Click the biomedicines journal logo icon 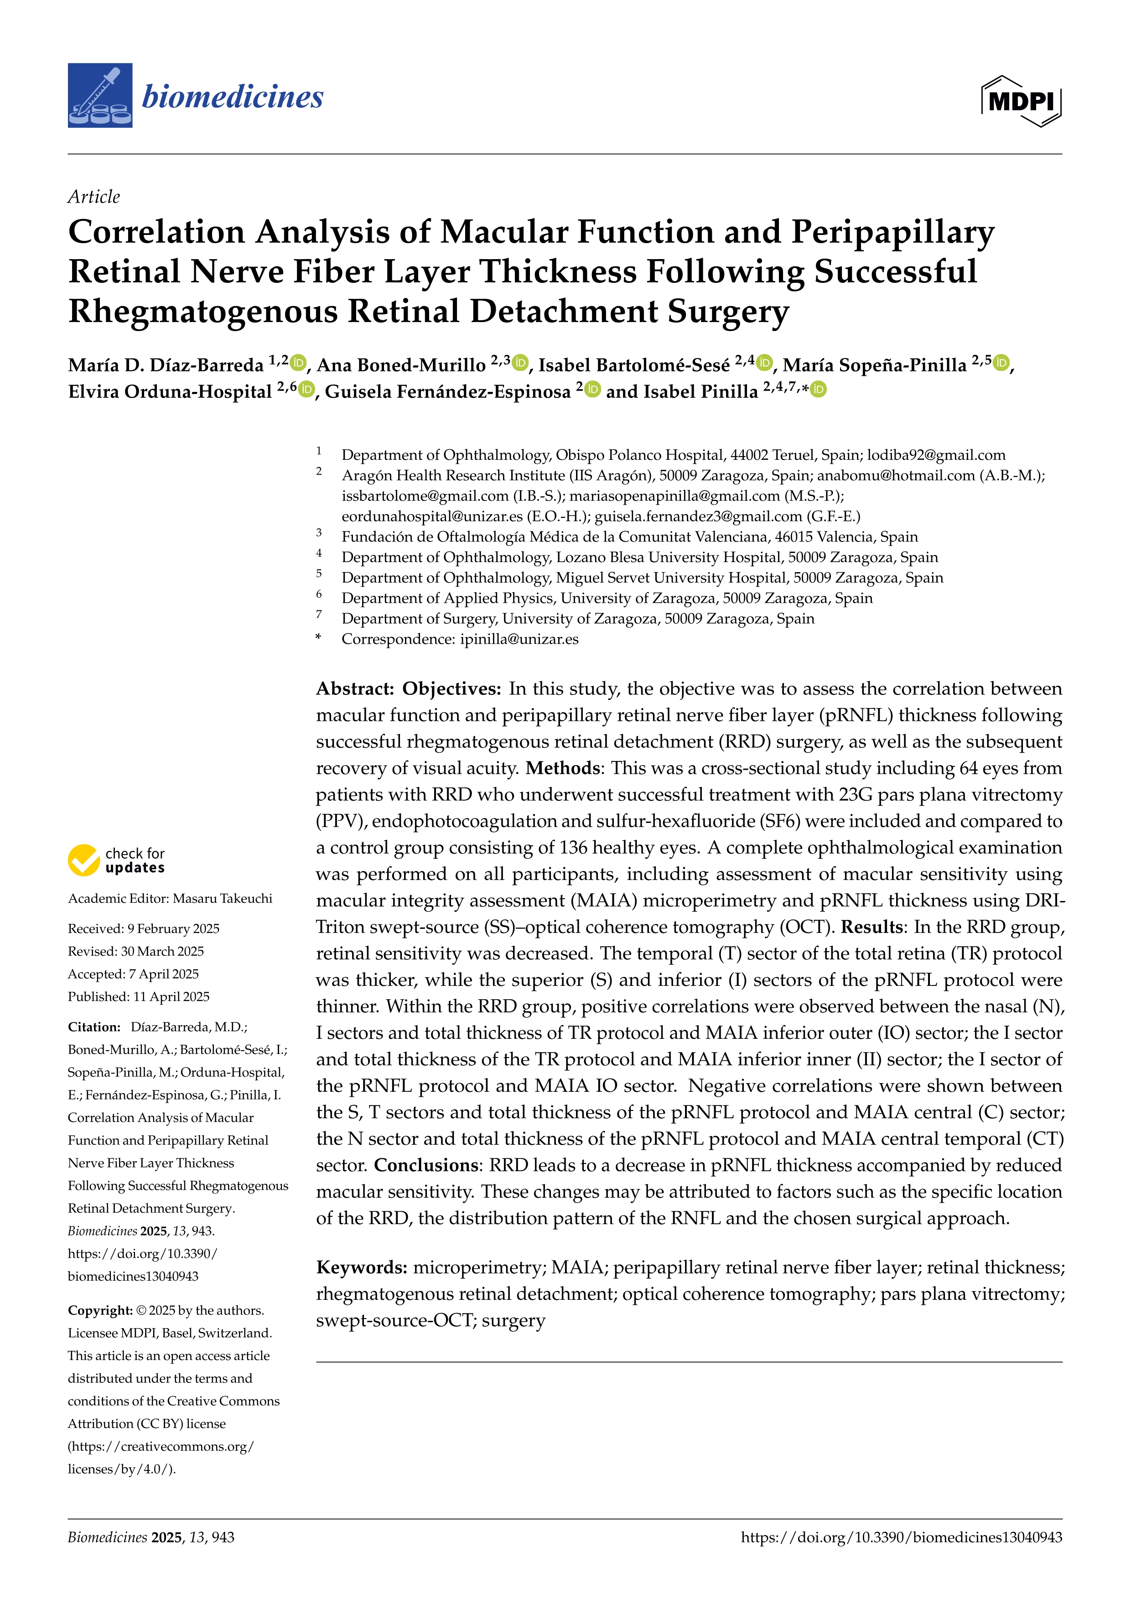99,95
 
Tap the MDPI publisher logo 1021,101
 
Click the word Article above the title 93,197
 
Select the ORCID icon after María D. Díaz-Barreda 298,362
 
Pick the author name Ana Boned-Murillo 401,365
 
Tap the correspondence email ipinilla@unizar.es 519,639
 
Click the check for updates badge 116,860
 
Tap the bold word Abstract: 355,688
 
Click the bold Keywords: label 362,1267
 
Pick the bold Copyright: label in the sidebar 99,1310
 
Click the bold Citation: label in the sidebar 94,1027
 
